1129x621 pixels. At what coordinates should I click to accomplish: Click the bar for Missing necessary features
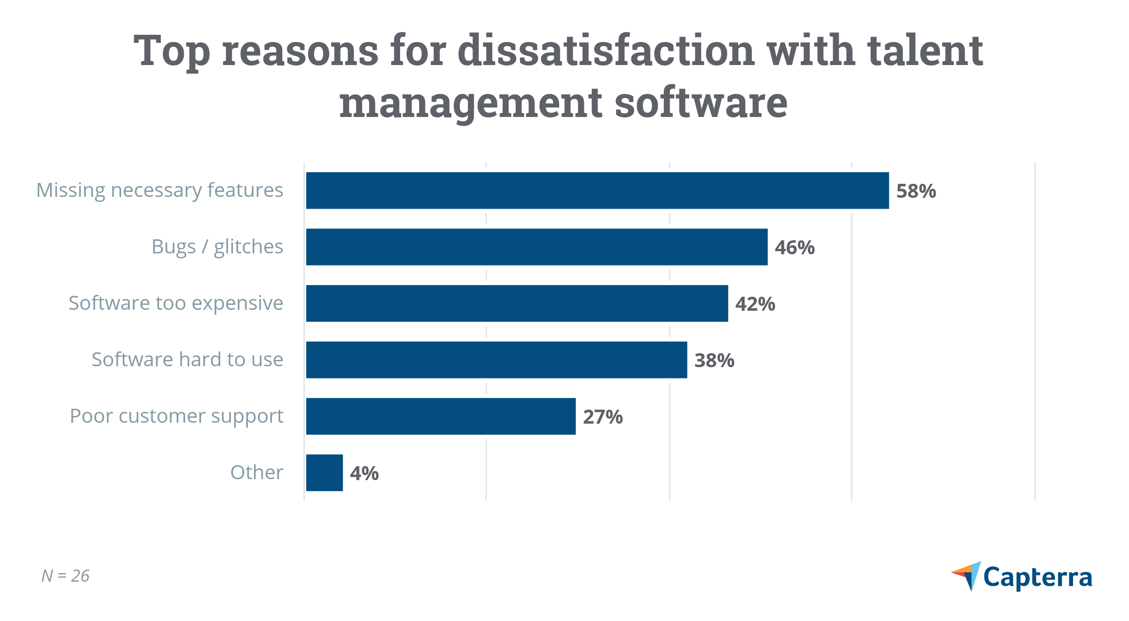pos(597,191)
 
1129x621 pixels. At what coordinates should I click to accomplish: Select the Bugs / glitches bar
pos(537,247)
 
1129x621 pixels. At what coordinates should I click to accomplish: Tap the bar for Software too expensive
pos(517,303)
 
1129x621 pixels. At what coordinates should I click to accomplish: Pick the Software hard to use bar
pos(496,360)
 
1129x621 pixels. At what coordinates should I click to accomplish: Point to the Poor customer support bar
pos(441,416)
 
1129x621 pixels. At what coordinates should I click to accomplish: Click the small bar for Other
pos(324,473)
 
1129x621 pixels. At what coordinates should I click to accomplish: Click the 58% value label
pos(916,191)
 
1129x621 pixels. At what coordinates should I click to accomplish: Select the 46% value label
pos(794,247)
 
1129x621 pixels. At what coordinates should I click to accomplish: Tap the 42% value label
pos(755,304)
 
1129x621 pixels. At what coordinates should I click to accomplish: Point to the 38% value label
pos(714,360)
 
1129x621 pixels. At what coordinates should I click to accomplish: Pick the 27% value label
pos(602,417)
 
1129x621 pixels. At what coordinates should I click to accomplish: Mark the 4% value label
pos(364,473)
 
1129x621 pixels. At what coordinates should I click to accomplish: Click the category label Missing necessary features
pos(159,190)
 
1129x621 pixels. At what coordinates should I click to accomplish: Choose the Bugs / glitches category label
pos(217,247)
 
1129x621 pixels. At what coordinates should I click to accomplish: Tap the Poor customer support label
pos(176,416)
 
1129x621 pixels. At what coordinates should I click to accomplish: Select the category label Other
pos(257,472)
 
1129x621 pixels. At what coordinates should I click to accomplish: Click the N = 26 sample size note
pos(65,576)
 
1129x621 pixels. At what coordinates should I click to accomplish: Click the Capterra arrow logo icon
pos(967,575)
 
